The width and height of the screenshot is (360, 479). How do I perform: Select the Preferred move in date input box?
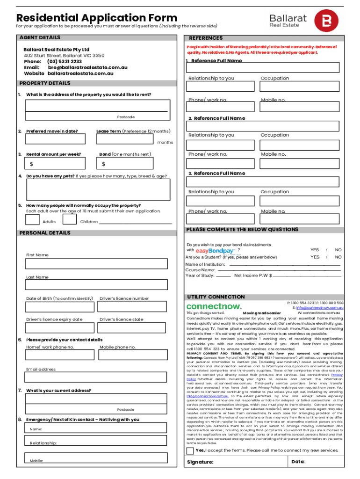point(56,139)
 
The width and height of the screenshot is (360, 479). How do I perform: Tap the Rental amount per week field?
point(56,164)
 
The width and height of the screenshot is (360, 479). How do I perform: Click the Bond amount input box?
point(126,164)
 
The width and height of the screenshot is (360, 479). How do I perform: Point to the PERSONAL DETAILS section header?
point(44,233)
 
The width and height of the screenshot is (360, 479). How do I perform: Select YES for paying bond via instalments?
point(315,250)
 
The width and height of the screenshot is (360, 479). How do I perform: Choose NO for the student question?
point(338,257)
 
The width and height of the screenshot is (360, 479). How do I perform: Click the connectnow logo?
point(214,306)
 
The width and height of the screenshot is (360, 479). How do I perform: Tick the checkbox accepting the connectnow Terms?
point(190,450)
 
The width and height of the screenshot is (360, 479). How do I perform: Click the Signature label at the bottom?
point(200,462)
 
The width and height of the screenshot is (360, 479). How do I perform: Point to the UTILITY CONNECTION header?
point(216,297)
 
